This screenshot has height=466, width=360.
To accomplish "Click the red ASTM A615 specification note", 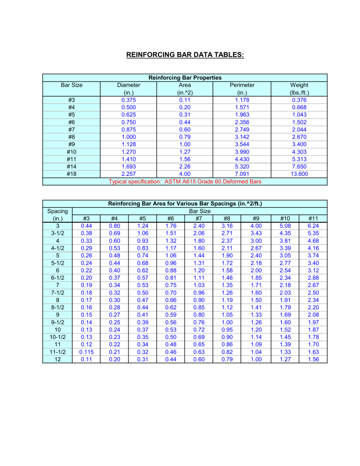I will (x=185, y=182).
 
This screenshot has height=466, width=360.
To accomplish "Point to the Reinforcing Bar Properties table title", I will (x=185, y=78).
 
